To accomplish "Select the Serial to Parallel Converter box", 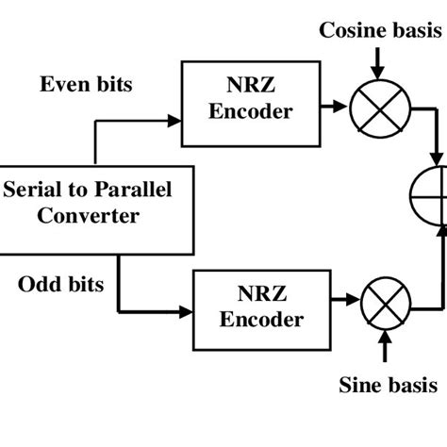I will (x=83, y=205).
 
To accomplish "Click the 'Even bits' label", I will (x=86, y=84).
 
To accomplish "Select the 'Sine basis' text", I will (x=388, y=384).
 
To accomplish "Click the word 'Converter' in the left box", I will (x=83, y=216).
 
